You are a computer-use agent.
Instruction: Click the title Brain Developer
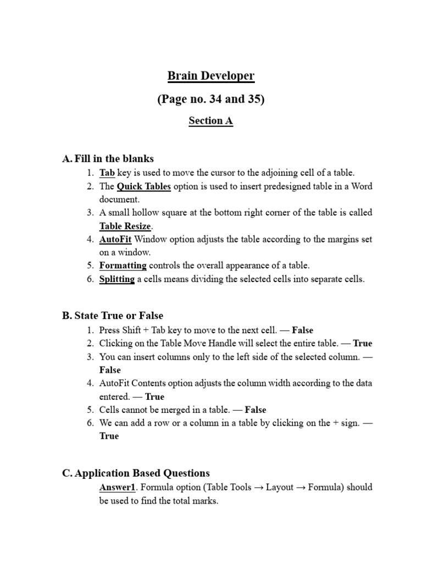[211, 76]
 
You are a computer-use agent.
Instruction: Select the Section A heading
[211, 121]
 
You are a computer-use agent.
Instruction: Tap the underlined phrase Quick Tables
[144, 186]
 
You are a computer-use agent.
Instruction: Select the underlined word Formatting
[123, 266]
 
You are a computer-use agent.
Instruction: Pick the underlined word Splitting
[117, 279]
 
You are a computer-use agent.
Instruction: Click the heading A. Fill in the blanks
[108, 159]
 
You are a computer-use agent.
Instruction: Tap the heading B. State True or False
[113, 316]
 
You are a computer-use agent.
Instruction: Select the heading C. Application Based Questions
[136, 473]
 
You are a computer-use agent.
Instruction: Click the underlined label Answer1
[117, 487]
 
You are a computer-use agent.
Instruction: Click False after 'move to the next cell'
[302, 330]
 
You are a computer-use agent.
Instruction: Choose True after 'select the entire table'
[363, 344]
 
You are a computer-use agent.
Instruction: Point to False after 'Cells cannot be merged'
[255, 410]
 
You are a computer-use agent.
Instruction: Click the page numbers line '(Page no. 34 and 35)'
[211, 100]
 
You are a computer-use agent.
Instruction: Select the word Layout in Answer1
[279, 487]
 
